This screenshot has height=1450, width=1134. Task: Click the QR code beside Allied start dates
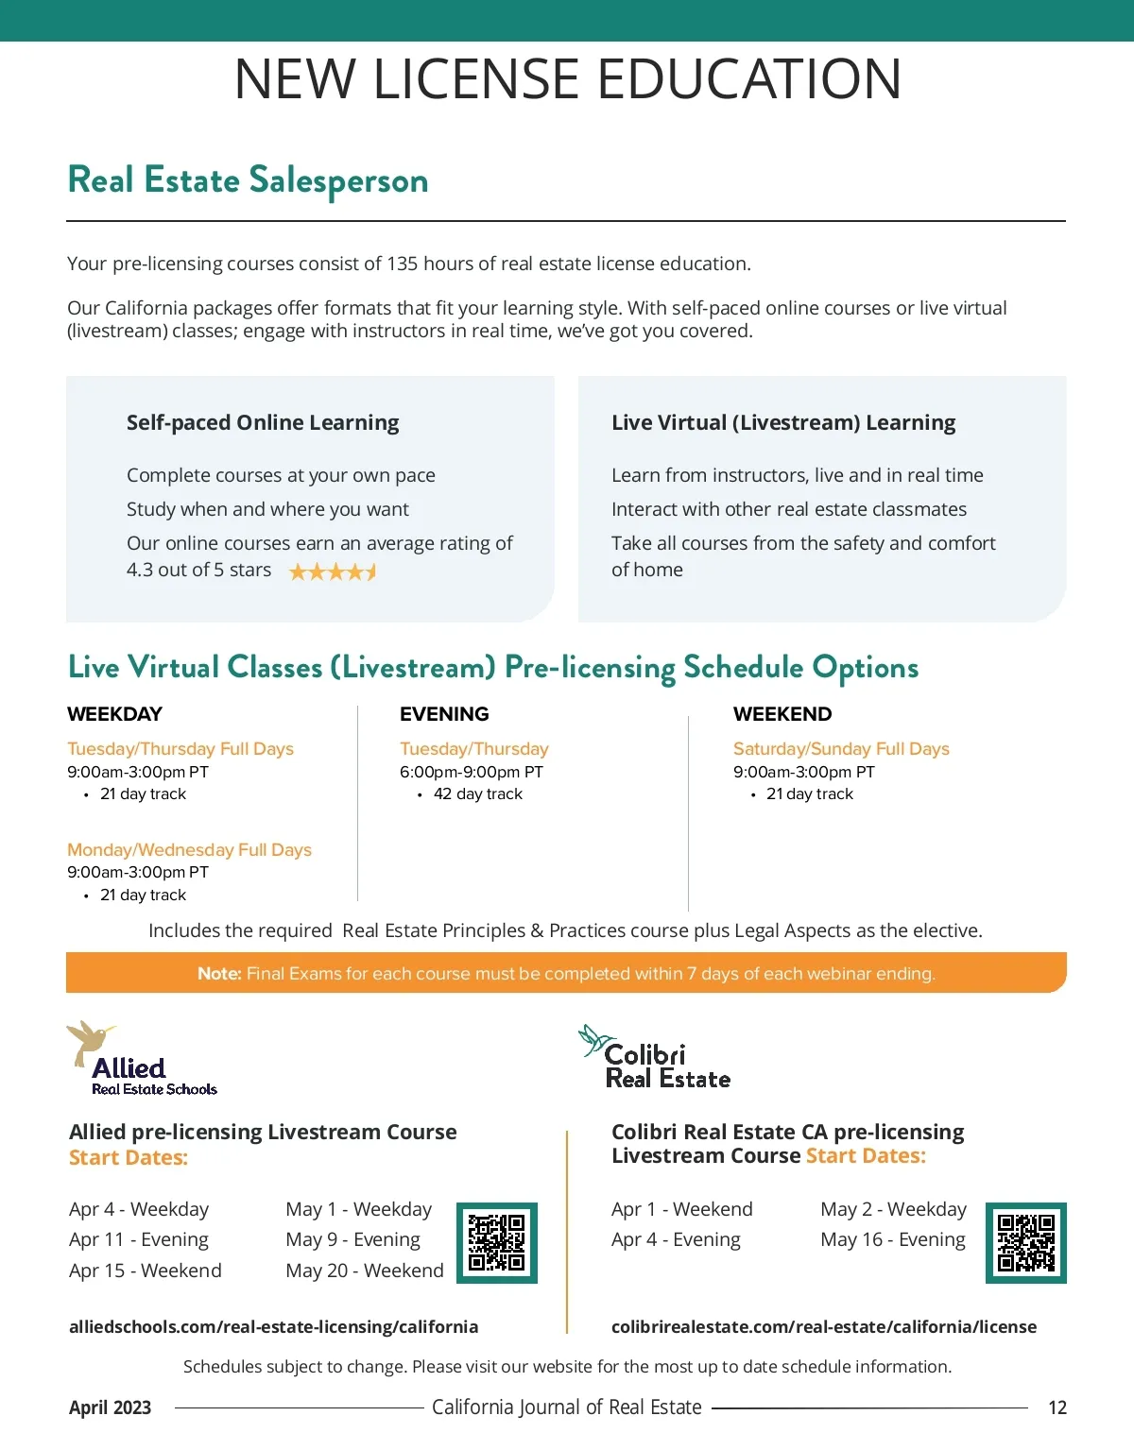tap(497, 1243)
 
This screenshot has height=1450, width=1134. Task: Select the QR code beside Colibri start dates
tap(1026, 1243)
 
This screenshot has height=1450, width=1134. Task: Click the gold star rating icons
tap(333, 571)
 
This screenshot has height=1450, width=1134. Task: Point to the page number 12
tap(1057, 1407)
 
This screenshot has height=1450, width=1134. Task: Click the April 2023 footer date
tap(110, 1407)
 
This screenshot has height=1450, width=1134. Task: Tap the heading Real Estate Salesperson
tap(248, 180)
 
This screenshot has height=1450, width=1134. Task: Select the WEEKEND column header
tap(782, 714)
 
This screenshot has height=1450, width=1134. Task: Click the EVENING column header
tap(444, 714)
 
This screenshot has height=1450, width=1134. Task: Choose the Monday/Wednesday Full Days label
tap(189, 849)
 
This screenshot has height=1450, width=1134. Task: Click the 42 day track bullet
tap(477, 794)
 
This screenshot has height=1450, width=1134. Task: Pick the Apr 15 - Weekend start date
tap(146, 1271)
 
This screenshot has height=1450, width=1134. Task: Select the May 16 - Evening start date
tap(893, 1239)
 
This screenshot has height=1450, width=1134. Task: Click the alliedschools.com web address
tap(273, 1326)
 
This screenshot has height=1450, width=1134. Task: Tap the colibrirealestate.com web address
tap(823, 1326)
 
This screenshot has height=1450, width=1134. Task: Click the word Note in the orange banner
tap(219, 974)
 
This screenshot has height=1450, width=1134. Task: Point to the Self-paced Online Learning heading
tap(263, 422)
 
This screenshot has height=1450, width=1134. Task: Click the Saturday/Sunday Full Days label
tap(841, 749)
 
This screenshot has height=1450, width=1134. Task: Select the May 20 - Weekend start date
tap(365, 1271)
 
